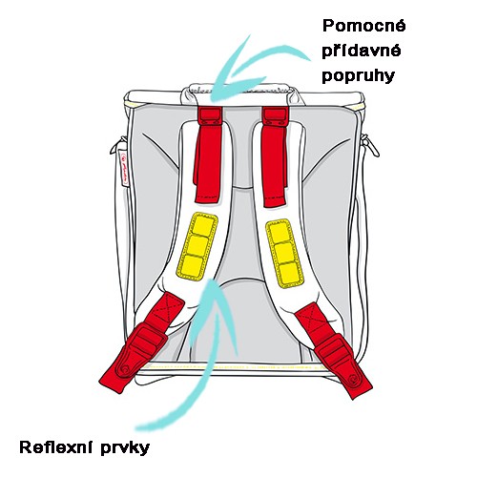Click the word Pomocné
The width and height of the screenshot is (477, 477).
pyautogui.click(x=364, y=26)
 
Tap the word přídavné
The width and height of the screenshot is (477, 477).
pyautogui.click(x=362, y=52)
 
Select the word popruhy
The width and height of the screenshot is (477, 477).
pyautogui.click(x=359, y=76)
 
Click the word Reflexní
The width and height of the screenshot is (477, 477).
pyautogui.click(x=57, y=447)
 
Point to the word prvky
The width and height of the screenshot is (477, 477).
pyautogui.click(x=125, y=448)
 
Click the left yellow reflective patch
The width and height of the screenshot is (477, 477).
pyautogui.click(x=197, y=246)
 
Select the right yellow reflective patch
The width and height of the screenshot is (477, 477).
pyautogui.click(x=283, y=254)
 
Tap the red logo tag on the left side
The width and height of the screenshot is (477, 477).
pyautogui.click(x=123, y=167)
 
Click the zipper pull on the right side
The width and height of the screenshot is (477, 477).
pyautogui.click(x=371, y=145)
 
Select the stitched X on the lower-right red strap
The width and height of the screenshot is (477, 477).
pyautogui.click(x=310, y=316)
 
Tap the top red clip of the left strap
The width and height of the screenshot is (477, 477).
pyautogui.click(x=210, y=116)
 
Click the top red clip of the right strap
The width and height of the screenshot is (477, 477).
pyautogui.click(x=276, y=116)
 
